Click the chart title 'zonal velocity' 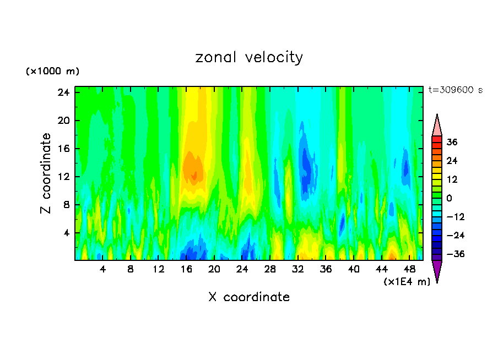click(x=249, y=57)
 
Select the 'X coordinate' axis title click(x=249, y=297)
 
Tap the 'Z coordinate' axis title click(x=46, y=173)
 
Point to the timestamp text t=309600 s click(x=455, y=90)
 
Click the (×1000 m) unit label click(x=52, y=72)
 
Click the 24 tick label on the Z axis click(x=63, y=92)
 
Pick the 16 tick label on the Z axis click(x=63, y=149)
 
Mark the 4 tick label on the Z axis click(x=66, y=233)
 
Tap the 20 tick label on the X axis click(x=214, y=270)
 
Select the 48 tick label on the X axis click(x=409, y=270)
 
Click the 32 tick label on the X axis click(x=298, y=270)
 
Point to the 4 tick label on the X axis click(x=103, y=270)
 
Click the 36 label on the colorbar click(x=452, y=142)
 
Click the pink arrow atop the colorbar click(x=437, y=126)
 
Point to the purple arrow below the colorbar click(x=437, y=271)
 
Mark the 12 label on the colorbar click(x=452, y=179)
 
